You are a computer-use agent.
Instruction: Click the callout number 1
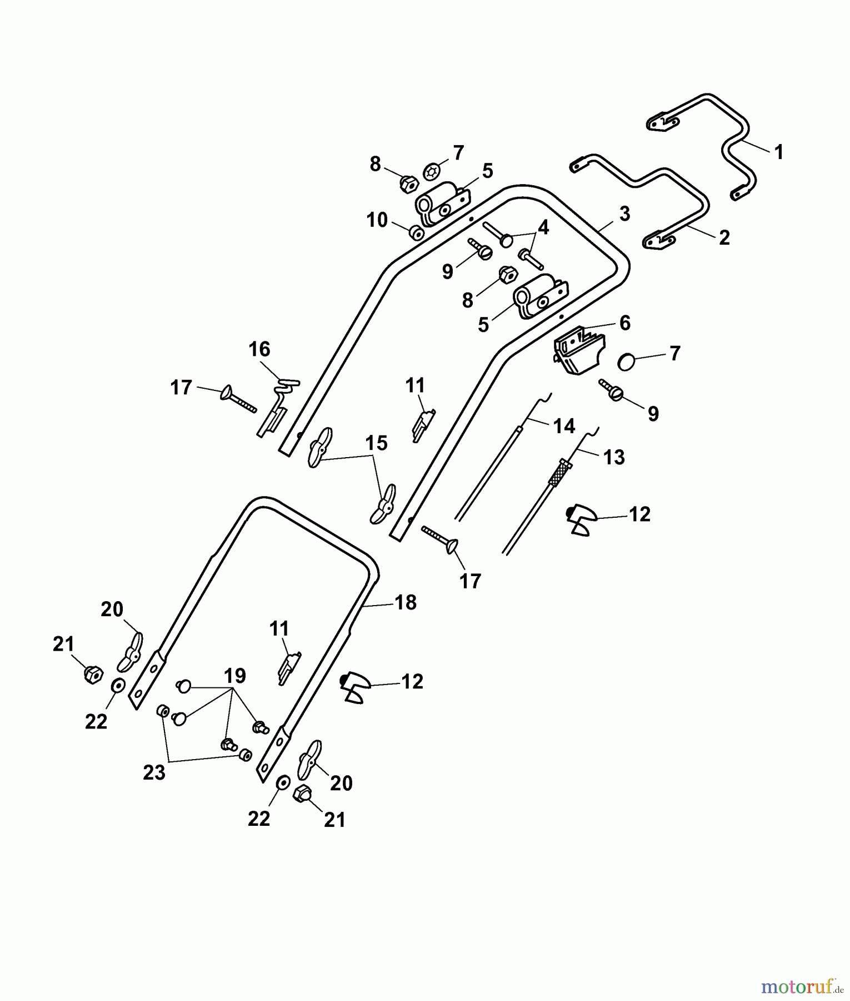pos(778,152)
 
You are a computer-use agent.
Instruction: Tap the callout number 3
pos(624,214)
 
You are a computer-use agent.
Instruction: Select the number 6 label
pos(625,323)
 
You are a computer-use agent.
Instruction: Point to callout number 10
pos(377,220)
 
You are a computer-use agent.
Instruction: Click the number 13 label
pos(614,457)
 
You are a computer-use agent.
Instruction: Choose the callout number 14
pos(564,426)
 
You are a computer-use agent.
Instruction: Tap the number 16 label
pos(259,349)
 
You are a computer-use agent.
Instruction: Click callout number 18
pos(406,602)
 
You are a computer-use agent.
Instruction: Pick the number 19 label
pos(234,676)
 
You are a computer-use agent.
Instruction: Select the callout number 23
pos(154,772)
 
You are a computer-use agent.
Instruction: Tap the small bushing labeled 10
pos(416,232)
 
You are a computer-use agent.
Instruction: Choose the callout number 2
pos(724,237)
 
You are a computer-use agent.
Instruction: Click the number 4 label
pos(543,227)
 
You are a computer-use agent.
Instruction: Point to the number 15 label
pos(376,443)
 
